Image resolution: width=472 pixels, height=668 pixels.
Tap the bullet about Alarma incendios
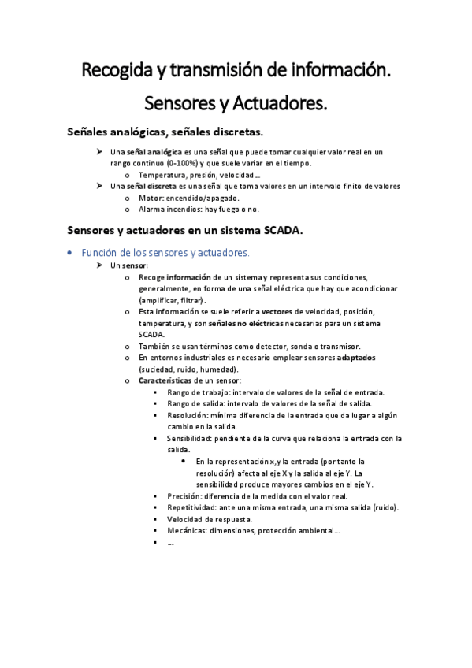tap(198, 210)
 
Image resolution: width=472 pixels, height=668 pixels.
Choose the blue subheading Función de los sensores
tap(160, 252)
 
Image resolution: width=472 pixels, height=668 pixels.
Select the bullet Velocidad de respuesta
tap(209, 519)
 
